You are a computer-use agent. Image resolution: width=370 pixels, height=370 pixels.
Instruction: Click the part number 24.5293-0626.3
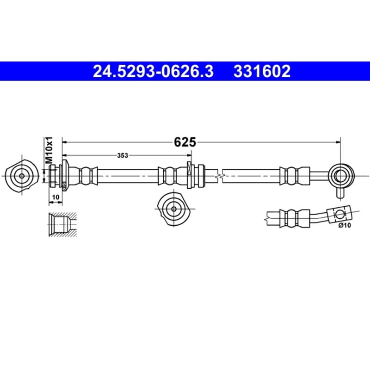(x=153, y=71)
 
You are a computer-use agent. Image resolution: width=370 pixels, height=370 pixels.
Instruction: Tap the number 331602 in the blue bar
(x=262, y=71)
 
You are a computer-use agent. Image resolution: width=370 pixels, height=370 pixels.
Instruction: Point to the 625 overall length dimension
(x=185, y=142)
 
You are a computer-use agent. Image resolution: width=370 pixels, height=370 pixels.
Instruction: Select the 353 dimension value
(x=123, y=155)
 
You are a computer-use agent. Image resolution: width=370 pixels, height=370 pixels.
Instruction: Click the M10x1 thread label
(x=49, y=150)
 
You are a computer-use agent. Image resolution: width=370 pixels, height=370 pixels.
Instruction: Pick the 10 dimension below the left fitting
(x=55, y=197)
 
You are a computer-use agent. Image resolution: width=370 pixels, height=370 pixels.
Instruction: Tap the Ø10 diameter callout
(x=345, y=225)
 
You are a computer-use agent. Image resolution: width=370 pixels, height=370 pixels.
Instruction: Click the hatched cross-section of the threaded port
(x=63, y=224)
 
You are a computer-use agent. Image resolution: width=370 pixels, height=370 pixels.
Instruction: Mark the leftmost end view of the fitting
(x=21, y=176)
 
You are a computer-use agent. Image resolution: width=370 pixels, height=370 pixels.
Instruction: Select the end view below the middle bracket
(x=174, y=209)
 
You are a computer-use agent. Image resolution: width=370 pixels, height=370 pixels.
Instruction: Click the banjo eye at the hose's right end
(x=341, y=176)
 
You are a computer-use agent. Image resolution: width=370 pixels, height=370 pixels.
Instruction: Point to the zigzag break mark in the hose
(x=220, y=176)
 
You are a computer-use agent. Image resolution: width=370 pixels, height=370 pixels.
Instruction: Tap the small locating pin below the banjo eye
(x=340, y=192)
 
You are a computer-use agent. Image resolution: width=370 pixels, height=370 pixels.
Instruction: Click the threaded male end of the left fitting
(x=54, y=176)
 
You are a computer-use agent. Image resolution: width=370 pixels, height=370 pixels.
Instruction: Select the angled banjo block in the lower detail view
(x=339, y=214)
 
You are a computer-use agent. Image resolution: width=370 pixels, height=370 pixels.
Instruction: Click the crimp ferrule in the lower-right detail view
(x=295, y=218)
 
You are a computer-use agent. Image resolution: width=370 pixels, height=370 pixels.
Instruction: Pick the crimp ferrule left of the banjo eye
(x=295, y=176)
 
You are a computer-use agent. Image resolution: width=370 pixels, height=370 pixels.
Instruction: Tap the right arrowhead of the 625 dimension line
(x=338, y=142)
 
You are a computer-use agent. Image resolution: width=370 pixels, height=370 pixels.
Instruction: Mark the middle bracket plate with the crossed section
(x=189, y=175)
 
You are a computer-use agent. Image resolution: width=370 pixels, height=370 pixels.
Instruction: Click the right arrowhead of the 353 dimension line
(x=189, y=155)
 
